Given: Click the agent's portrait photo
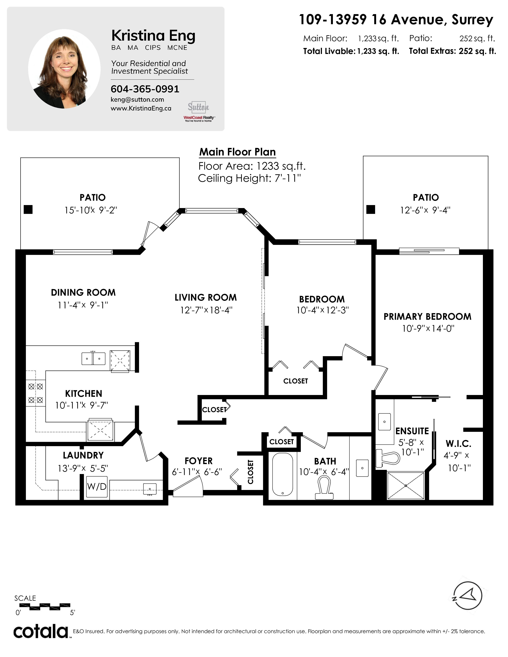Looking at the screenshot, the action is click(64, 69).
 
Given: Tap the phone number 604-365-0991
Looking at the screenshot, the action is click(145, 89).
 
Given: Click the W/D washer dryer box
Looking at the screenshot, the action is click(97, 486).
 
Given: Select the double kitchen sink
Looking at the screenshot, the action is click(94, 359).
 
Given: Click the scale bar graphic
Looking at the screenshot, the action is click(45, 606).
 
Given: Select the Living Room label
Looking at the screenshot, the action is click(206, 297).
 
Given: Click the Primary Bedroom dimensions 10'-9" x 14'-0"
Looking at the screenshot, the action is click(428, 328).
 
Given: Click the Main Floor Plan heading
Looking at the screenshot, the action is click(237, 152).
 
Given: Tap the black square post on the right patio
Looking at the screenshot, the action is click(371, 209).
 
